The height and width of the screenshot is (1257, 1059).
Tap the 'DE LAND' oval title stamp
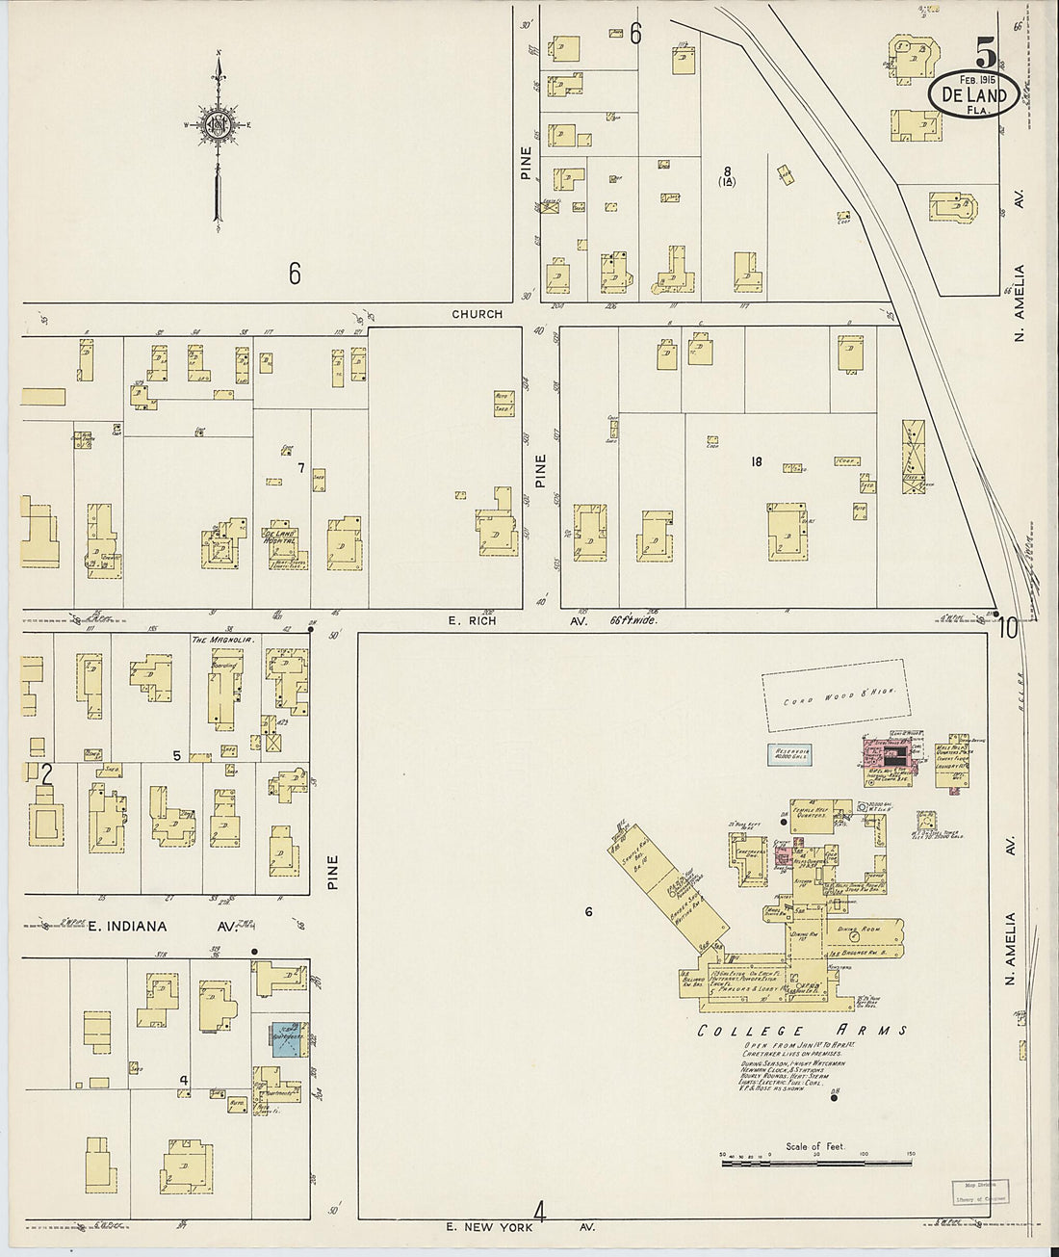[973, 95]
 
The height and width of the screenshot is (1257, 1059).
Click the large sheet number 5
[985, 51]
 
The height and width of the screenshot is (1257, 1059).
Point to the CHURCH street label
[478, 314]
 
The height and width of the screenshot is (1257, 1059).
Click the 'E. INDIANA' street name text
[127, 927]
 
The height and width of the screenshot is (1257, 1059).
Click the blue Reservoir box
[789, 755]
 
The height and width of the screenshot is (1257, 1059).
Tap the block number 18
[756, 462]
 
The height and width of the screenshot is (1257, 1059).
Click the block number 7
[300, 468]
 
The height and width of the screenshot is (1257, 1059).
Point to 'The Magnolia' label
[216, 640]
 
